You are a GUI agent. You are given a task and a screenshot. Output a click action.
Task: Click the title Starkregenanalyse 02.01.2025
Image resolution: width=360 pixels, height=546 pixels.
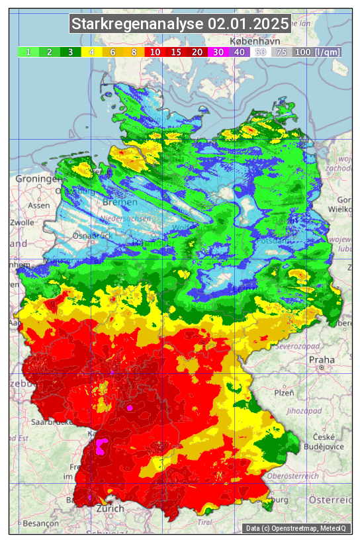click(180, 24)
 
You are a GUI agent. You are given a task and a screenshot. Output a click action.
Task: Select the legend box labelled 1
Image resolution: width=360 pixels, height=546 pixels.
click(28, 52)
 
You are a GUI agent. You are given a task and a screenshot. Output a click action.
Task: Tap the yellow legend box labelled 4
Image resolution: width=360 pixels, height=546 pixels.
click(92, 52)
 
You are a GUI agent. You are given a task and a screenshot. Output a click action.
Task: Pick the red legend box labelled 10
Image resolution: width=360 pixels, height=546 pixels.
click(155, 52)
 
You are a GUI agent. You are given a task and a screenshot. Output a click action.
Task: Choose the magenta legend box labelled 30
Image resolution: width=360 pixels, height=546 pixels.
click(218, 52)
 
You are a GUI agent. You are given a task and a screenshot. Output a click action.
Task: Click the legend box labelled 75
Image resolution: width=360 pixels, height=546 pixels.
click(281, 52)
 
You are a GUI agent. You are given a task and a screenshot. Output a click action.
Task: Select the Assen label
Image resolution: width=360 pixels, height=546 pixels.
click(39, 206)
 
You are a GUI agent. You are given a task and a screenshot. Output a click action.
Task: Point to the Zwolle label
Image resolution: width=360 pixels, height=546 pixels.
click(22, 222)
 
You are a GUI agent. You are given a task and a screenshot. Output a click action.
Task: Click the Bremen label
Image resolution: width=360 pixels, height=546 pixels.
click(120, 202)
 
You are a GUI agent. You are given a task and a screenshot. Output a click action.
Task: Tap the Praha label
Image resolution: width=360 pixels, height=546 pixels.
click(322, 360)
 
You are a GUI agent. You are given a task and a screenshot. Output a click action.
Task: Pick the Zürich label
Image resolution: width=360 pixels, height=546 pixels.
click(110, 508)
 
